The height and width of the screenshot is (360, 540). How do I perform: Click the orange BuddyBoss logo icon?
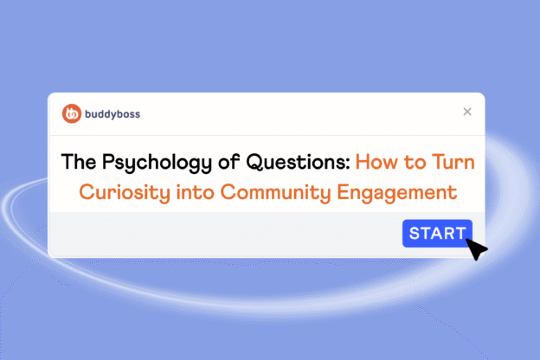pos(72,112)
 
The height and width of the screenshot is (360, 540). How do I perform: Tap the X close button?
pos(467,112)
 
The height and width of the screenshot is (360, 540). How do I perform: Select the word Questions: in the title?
pos(299,162)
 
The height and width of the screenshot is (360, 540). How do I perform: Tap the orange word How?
pos(378,162)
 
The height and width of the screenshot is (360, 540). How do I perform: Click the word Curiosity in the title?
pos(119,191)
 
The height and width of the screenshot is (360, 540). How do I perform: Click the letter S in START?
pos(415,233)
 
